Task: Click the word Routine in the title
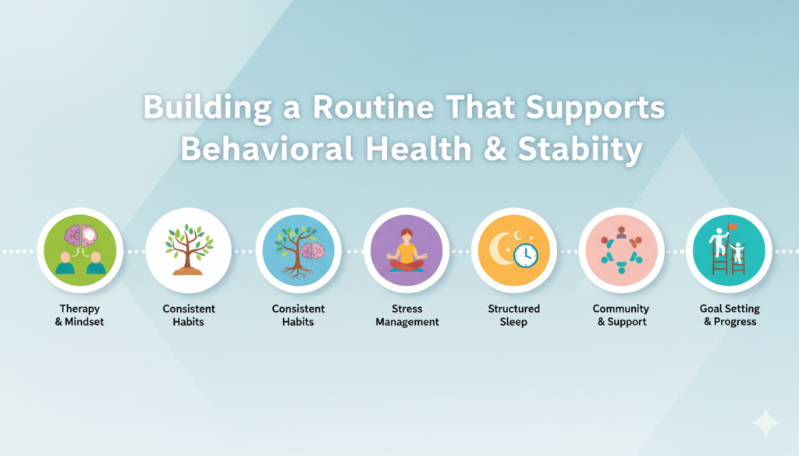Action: (373, 108)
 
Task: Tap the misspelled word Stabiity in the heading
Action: (580, 149)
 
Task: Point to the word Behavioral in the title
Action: (268, 149)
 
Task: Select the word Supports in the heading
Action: (595, 108)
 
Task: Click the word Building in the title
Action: (207, 108)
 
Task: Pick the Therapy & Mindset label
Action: (80, 315)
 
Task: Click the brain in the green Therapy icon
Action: (80, 236)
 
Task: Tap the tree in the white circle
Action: (189, 249)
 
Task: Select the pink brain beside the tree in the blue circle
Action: (313, 251)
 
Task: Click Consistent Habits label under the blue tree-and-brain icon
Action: (298, 315)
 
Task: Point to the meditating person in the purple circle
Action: (407, 250)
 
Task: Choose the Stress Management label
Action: (407, 315)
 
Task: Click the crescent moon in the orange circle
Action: (502, 249)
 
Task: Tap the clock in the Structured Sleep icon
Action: (526, 256)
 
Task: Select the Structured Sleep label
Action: (513, 315)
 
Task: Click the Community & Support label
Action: (621, 315)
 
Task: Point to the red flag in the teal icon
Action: (733, 227)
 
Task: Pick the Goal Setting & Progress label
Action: (730, 315)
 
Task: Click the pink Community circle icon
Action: (622, 250)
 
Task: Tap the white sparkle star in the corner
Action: (765, 422)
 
